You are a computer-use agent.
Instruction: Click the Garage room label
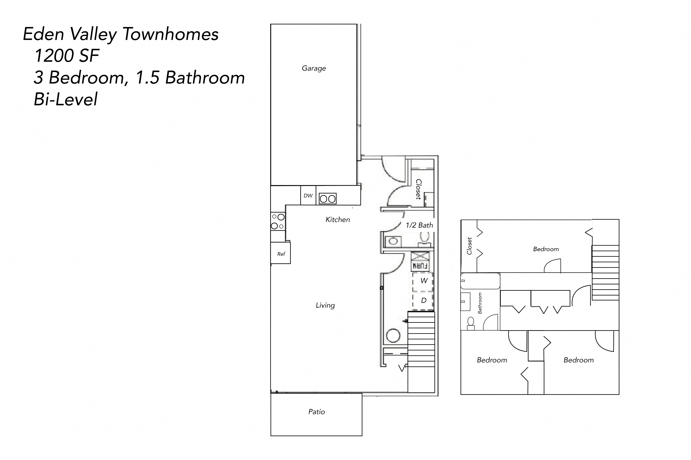[x=314, y=68]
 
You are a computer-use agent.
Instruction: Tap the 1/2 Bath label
[x=419, y=225]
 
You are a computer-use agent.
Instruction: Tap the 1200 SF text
[x=67, y=56]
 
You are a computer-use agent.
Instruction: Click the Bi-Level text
[x=65, y=99]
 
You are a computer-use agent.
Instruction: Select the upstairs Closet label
[x=469, y=246]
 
